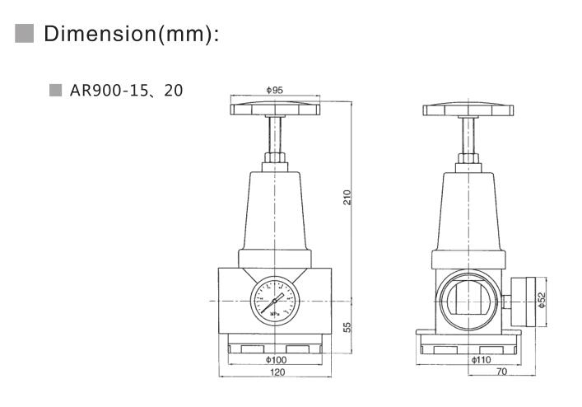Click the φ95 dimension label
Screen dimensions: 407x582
pyautogui.click(x=275, y=88)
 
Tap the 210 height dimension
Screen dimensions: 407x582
pyautogui.click(x=347, y=197)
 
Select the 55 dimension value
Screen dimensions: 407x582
pyautogui.click(x=347, y=327)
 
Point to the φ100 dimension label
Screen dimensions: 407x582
pyautogui.click(x=275, y=360)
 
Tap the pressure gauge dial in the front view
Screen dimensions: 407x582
pyautogui.click(x=275, y=301)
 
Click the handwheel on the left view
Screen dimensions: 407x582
pyautogui.click(x=275, y=109)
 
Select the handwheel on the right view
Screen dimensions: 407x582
pyautogui.click(x=470, y=110)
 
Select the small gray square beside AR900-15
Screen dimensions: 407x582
pyautogui.click(x=55, y=90)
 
